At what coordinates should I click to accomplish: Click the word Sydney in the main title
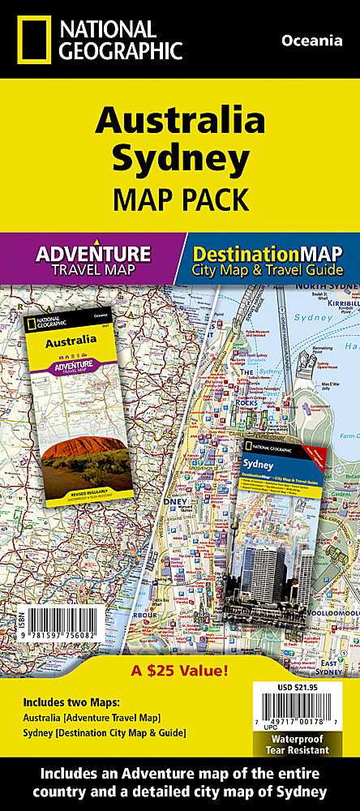[x=180, y=160]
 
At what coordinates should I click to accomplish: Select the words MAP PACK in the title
[x=179, y=199]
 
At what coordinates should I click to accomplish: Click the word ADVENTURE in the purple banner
[x=93, y=253]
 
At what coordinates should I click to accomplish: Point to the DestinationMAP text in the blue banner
[x=268, y=254]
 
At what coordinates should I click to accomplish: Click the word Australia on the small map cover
[x=67, y=342]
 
